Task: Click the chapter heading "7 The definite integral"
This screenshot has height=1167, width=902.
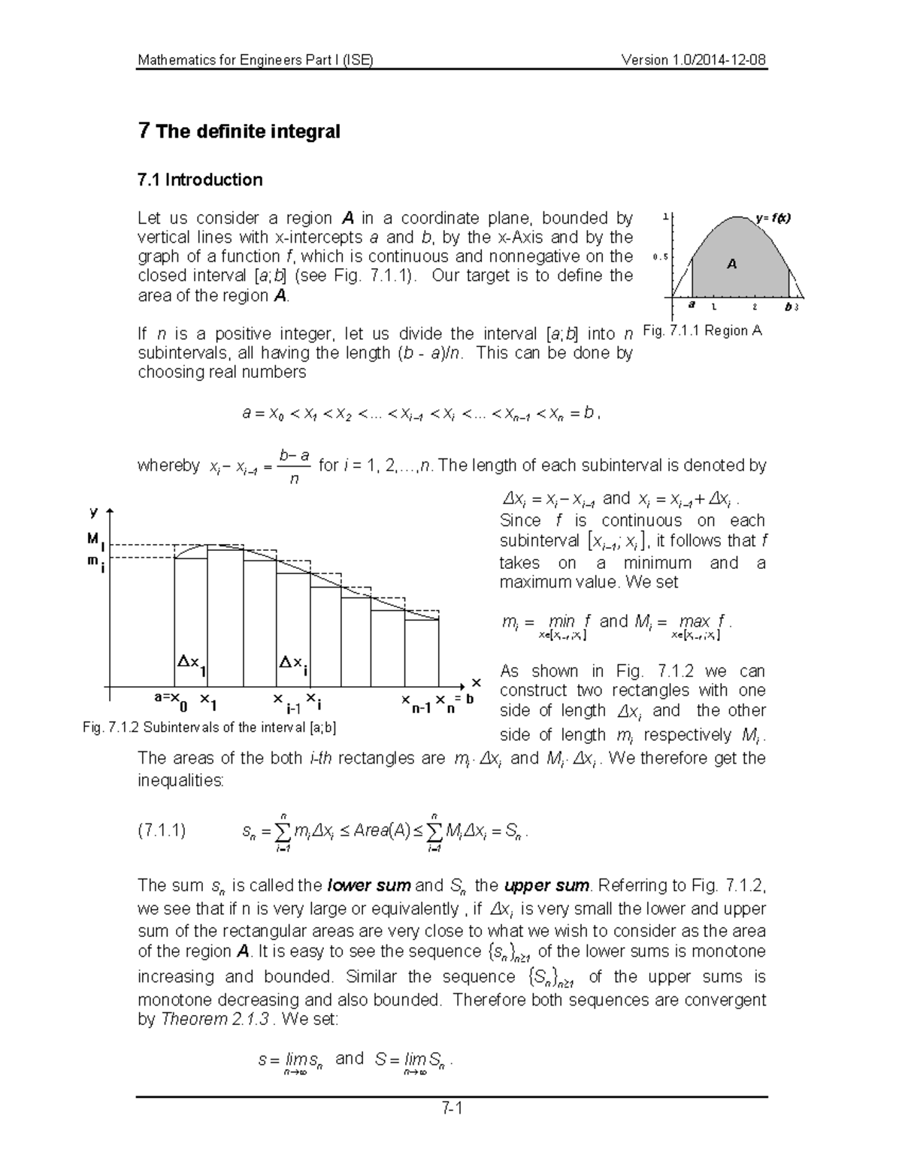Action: [239, 132]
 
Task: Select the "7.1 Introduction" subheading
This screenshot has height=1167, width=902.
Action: [200, 180]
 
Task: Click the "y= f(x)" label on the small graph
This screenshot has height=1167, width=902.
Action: [773, 218]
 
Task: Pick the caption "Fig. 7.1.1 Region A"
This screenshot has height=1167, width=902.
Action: [703, 330]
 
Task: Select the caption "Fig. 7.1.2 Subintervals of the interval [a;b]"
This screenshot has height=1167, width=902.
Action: [210, 727]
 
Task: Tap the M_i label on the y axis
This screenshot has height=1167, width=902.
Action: [95, 541]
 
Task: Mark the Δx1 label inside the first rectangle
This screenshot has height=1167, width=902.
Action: [192, 664]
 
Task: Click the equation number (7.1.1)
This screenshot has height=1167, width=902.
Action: [162, 830]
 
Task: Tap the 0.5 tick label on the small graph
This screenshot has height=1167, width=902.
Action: [660, 257]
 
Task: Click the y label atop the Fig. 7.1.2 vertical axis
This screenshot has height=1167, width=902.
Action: [94, 512]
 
